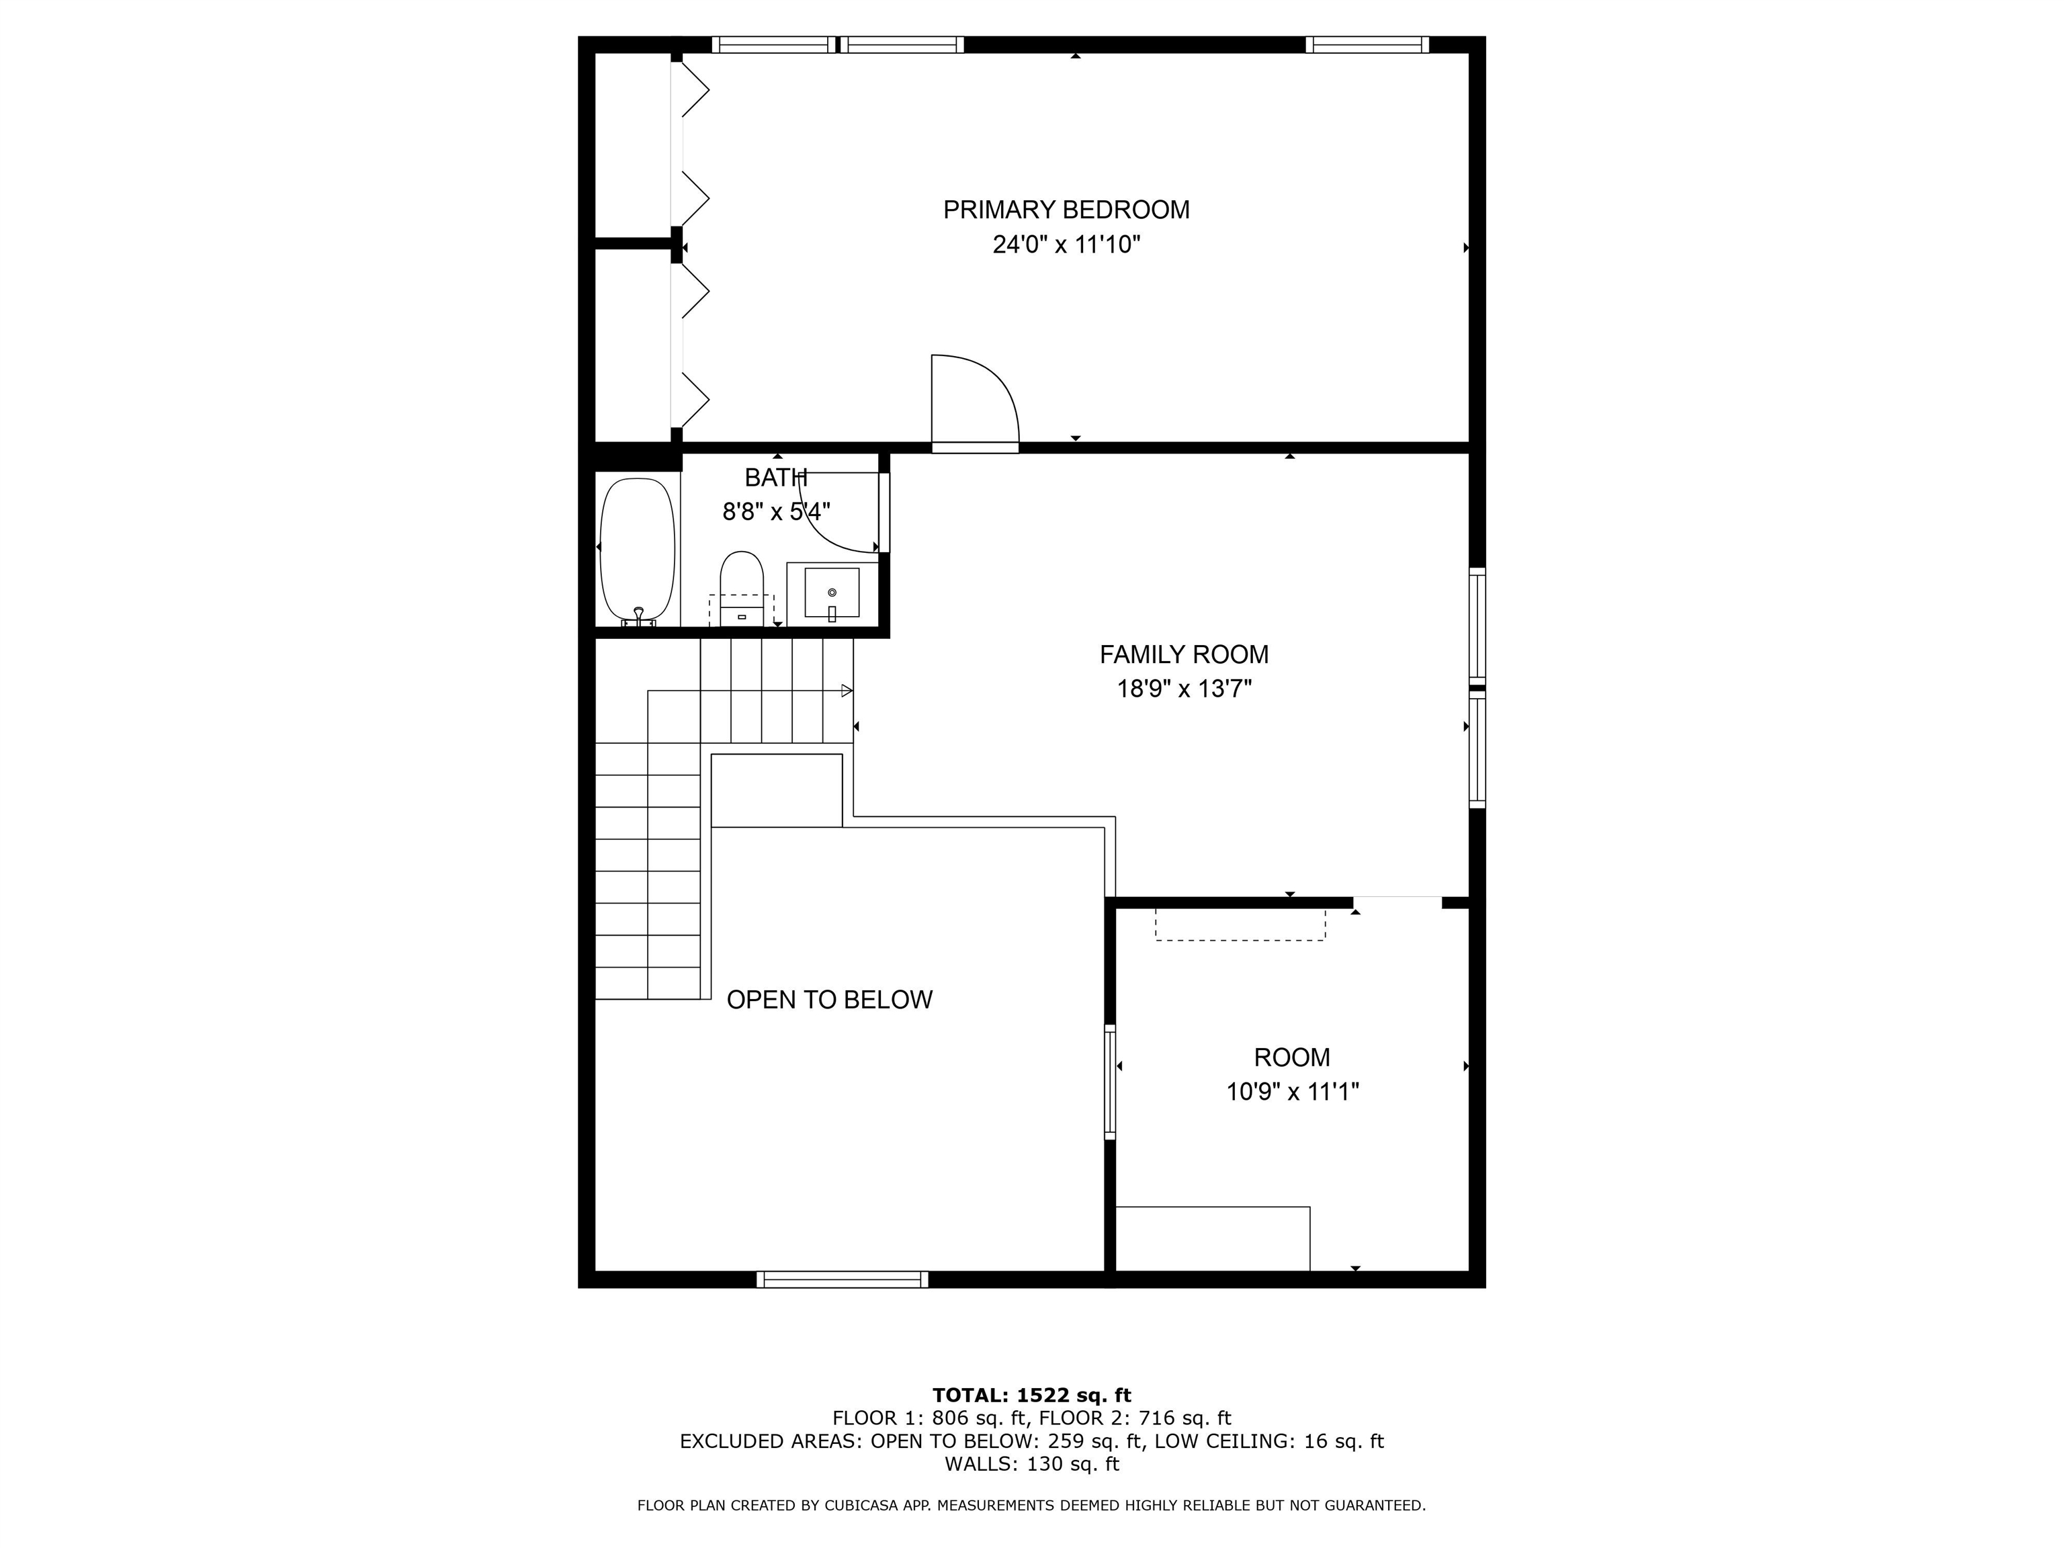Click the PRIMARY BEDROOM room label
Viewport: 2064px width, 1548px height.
point(1066,210)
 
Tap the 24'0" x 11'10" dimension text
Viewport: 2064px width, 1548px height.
point(1066,245)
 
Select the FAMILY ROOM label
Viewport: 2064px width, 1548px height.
point(1183,655)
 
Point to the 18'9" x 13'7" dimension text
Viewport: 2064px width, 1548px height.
point(1183,689)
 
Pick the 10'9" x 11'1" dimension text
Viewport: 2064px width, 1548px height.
point(1291,1092)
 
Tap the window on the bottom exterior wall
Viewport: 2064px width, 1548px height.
point(842,1279)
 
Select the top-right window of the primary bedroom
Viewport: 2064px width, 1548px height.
point(1366,44)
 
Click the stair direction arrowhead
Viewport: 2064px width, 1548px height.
point(847,691)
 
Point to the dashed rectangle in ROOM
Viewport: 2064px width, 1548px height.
point(1239,924)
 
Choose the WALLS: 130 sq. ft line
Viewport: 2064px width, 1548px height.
point(1031,1464)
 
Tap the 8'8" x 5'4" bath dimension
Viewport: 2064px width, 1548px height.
point(775,512)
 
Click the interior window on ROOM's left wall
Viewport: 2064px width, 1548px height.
point(1109,1082)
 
